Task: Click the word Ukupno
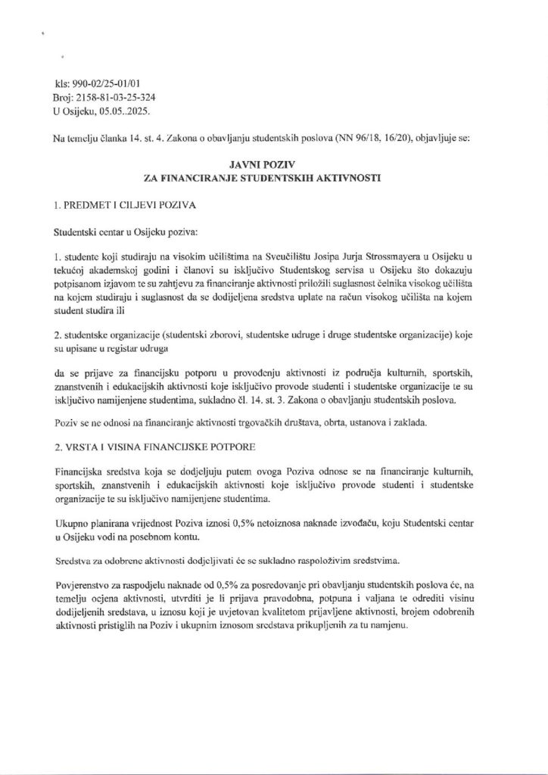pyautogui.click(x=72, y=524)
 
